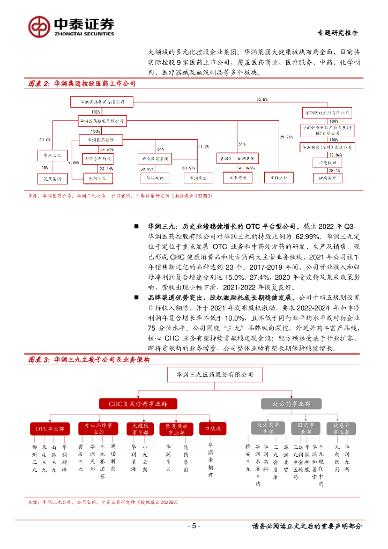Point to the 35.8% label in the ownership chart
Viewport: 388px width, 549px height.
pyautogui.click(x=262, y=100)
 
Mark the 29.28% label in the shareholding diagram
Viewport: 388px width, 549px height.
pyautogui.click(x=286, y=137)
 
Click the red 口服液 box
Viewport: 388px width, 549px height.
pyautogui.click(x=210, y=429)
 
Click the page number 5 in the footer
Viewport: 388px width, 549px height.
pyautogui.click(x=194, y=526)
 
